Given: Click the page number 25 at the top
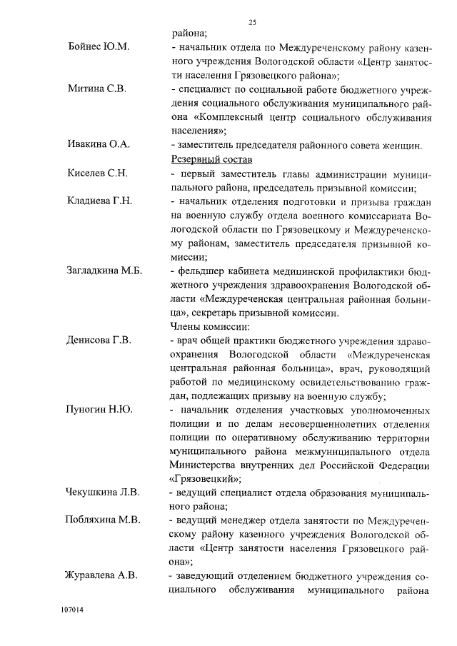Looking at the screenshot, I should [252, 23].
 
